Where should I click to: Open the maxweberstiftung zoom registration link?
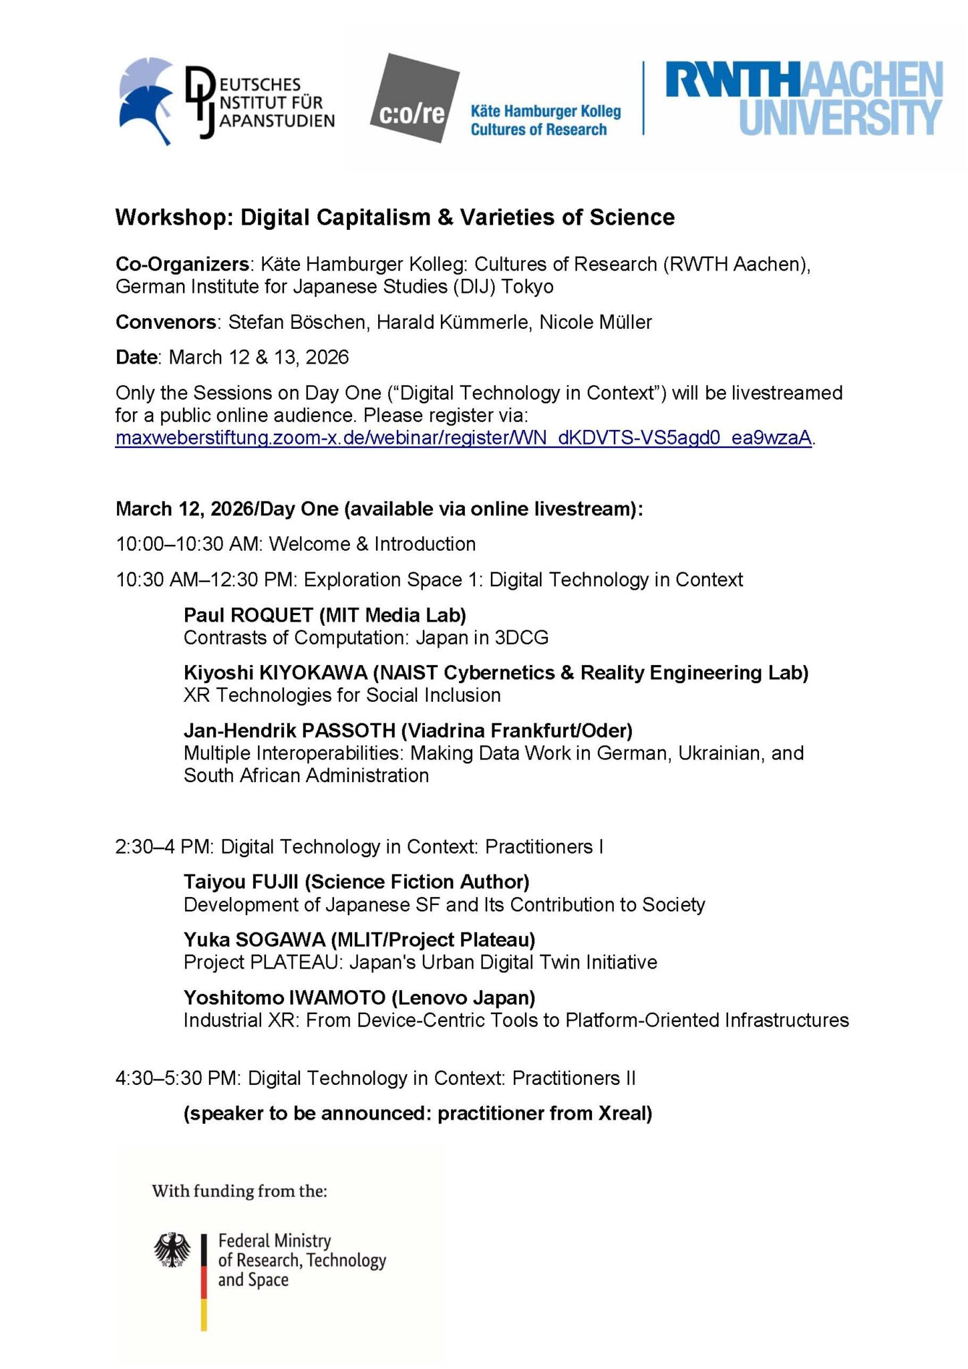[464, 438]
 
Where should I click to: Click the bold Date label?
[136, 357]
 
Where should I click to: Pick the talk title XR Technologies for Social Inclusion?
[342, 695]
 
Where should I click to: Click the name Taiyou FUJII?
[241, 882]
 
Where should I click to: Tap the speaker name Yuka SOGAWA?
[255, 940]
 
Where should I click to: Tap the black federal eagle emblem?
[172, 1250]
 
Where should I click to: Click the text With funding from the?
[239, 1191]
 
